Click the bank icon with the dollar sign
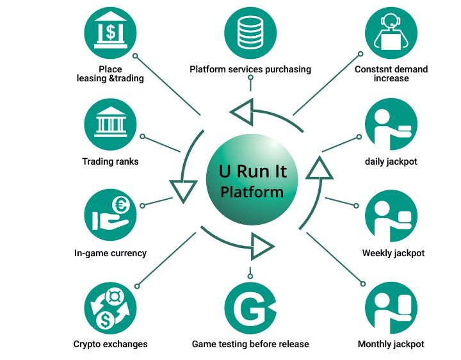110,33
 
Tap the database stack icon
250,33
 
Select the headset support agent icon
391,33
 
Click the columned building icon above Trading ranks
110,124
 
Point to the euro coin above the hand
121,205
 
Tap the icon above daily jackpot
391,124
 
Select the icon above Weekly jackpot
391,216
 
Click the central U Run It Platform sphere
252,179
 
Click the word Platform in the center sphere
252,192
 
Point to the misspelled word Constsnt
373,69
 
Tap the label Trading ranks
110,161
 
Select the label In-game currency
110,253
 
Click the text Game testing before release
250,344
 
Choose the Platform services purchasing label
250,69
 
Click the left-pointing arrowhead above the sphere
242,112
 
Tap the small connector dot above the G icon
250,276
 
